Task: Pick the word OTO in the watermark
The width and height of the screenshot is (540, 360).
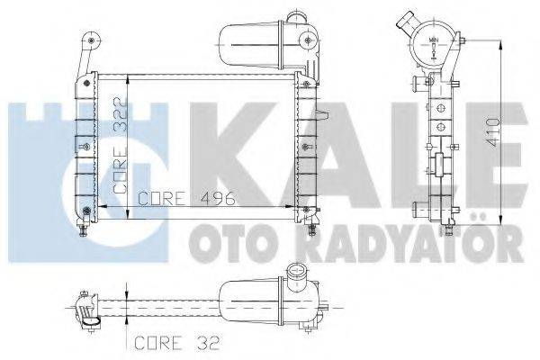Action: (220, 241)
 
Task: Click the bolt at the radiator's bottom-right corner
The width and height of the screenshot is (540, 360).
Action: (311, 216)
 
